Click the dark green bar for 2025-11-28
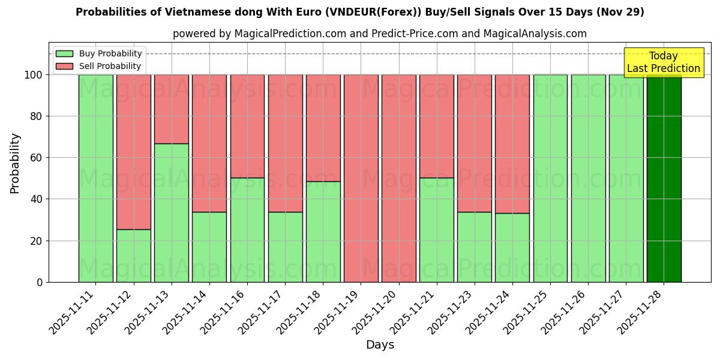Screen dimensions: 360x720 click(664, 178)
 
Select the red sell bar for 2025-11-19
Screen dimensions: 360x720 click(361, 178)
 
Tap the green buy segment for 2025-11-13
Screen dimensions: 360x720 click(172, 212)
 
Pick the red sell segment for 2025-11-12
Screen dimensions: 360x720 click(134, 152)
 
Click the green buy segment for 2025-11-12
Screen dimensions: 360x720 click(134, 256)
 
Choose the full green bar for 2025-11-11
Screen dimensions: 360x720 click(96, 178)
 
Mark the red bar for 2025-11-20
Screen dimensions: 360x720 click(398, 178)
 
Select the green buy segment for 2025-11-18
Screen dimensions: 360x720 click(323, 232)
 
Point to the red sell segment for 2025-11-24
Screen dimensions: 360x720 click(512, 144)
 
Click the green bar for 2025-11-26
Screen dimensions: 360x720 click(588, 178)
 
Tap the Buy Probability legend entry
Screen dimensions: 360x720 click(99, 53)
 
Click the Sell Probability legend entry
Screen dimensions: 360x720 click(99, 66)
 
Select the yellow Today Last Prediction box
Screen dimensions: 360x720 click(663, 62)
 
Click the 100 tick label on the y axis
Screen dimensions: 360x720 click(34, 75)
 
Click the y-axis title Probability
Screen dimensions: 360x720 click(15, 163)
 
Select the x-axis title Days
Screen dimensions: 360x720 click(380, 345)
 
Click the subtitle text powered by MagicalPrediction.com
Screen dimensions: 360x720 click(379, 34)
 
